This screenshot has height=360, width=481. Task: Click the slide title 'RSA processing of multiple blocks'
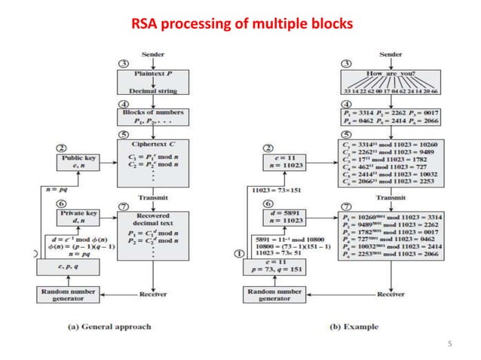click(241, 25)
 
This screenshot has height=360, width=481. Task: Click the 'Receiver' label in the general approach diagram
click(153, 294)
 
